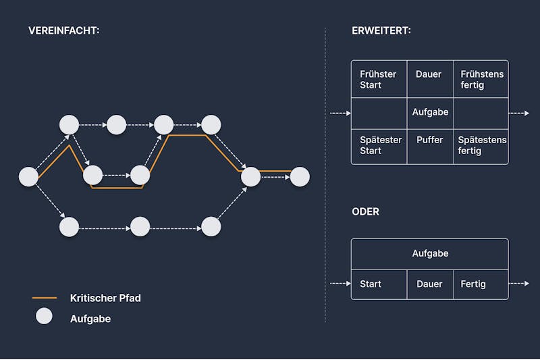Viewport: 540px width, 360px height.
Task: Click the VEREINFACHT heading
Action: click(63, 30)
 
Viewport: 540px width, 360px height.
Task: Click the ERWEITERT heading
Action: click(381, 30)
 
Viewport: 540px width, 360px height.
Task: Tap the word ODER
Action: click(365, 211)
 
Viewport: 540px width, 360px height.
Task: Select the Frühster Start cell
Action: click(379, 79)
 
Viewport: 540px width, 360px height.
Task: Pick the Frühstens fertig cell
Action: click(481, 79)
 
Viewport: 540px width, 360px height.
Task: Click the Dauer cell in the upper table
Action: click(430, 79)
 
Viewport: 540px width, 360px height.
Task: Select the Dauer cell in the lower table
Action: click(430, 284)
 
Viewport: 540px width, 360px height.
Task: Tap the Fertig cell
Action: click(481, 284)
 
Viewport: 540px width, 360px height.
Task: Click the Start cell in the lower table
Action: click(379, 284)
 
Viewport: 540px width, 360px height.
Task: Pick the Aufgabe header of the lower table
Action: click(430, 254)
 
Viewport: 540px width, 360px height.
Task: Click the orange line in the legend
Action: click(45, 298)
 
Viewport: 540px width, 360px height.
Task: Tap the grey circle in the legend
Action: click(44, 316)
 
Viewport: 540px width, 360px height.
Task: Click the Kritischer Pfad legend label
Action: click(105, 298)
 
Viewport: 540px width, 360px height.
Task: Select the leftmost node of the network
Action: click(28, 177)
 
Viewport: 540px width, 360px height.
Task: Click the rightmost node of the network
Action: click(300, 177)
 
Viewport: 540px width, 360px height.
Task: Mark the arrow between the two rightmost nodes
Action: click(275, 177)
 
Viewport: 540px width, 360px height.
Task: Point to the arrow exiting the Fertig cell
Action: click(518, 284)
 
